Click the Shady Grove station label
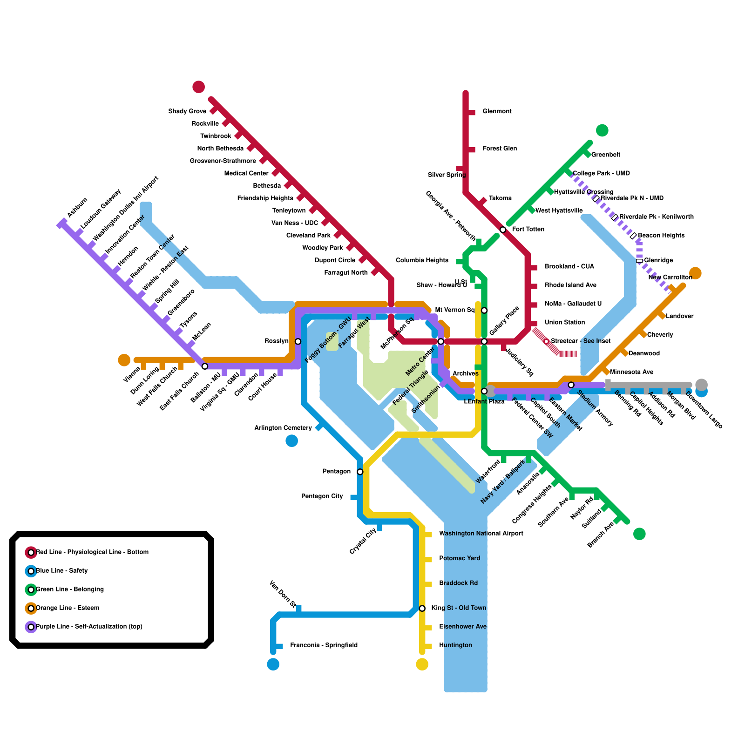tap(187, 111)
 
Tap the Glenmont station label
tap(497, 111)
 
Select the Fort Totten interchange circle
tap(503, 230)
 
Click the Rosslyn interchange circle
tap(298, 341)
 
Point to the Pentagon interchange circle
tap(360, 472)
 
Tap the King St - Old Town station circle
tap(422, 608)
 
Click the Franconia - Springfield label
tap(324, 645)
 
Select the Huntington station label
tap(455, 645)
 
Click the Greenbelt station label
tap(605, 155)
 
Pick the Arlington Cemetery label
tap(283, 428)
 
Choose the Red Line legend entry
tap(92, 552)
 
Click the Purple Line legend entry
tap(89, 627)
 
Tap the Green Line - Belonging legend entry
tap(70, 589)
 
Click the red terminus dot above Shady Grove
tap(199, 87)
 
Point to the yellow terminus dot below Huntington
tap(422, 664)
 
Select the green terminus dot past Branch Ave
tap(639, 534)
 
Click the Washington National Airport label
tap(481, 534)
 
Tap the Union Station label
tap(564, 322)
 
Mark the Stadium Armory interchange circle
tap(571, 385)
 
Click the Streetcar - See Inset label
tap(581, 341)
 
